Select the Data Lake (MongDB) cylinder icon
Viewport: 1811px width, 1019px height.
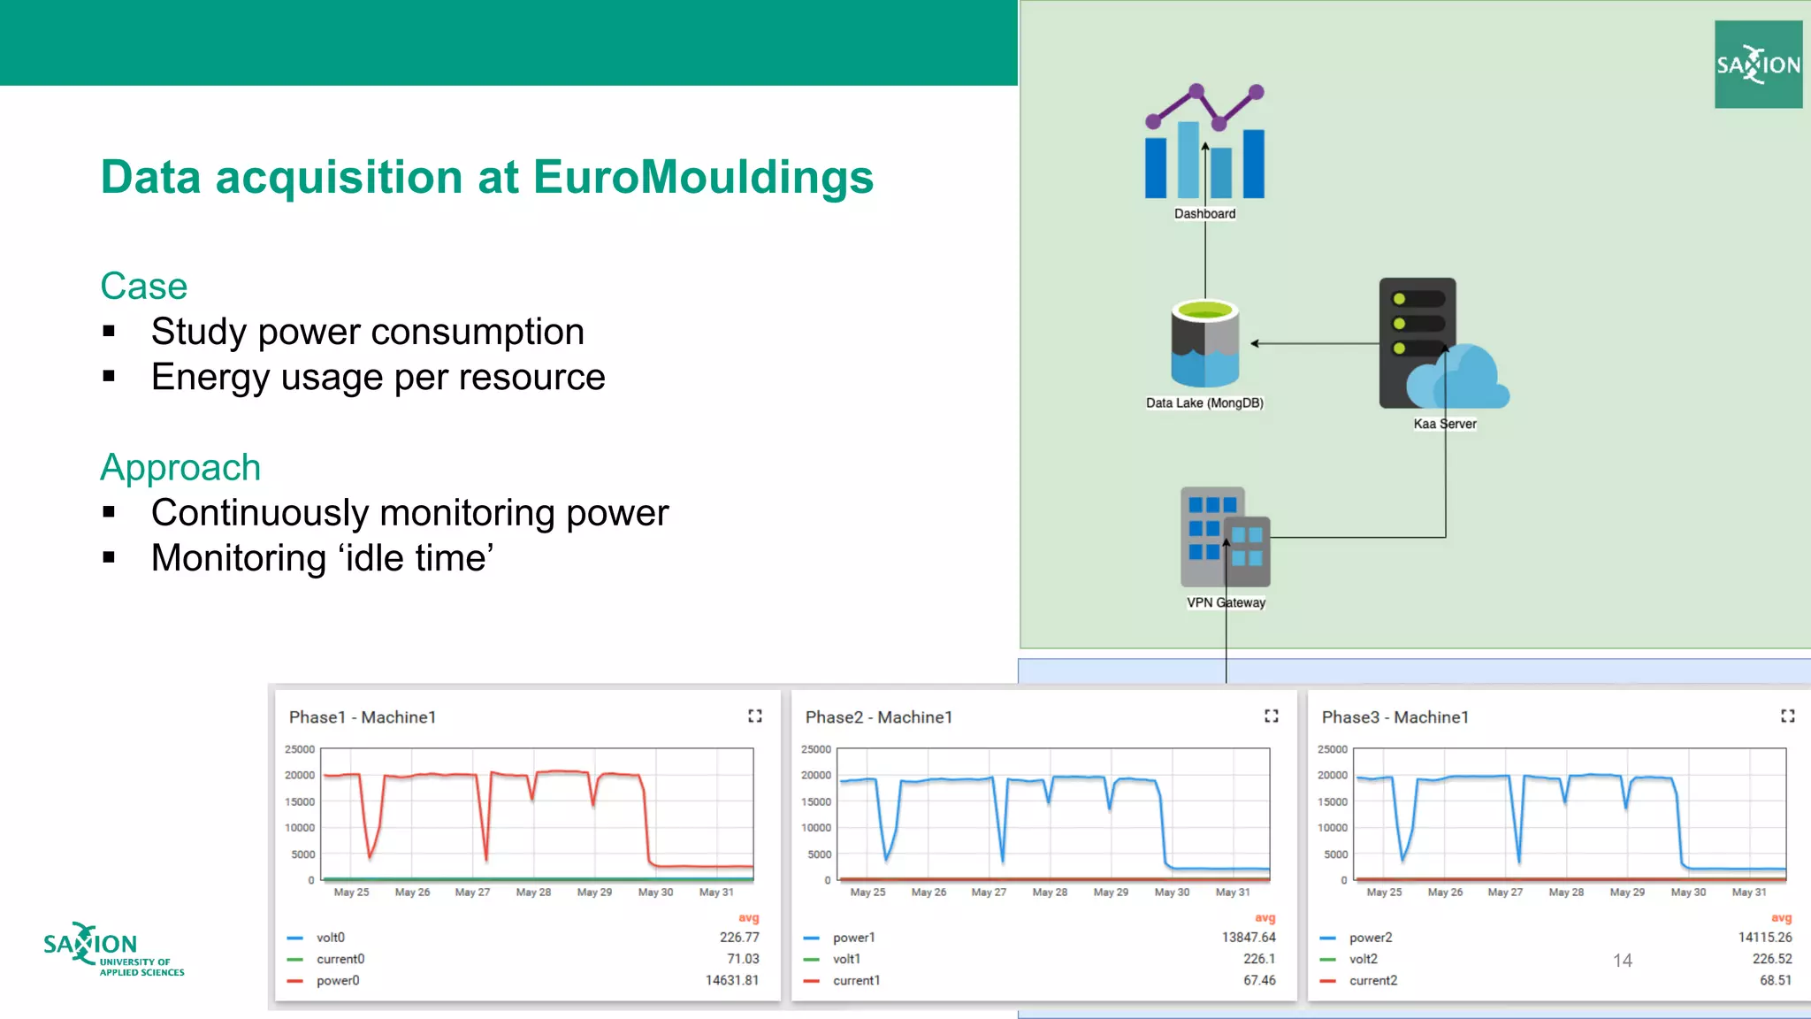coord(1204,343)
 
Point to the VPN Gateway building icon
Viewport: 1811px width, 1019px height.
coord(1225,537)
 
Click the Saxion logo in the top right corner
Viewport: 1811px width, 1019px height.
coord(1758,65)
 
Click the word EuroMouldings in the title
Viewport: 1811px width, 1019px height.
coord(703,177)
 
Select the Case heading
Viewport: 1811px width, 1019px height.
coord(144,287)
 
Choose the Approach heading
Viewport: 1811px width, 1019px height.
coord(180,467)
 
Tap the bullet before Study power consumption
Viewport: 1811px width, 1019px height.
coord(110,332)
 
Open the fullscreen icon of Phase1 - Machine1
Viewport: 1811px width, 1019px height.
coord(754,716)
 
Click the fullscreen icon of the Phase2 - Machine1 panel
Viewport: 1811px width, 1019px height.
coord(1271,716)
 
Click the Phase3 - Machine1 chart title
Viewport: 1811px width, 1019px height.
coord(1395,717)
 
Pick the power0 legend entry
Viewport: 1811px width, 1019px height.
coord(338,980)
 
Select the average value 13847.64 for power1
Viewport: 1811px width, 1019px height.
coord(1249,937)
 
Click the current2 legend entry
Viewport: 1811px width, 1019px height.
coord(1372,980)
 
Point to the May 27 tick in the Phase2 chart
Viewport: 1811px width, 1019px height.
coord(989,893)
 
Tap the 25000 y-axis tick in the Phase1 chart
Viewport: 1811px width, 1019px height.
coord(300,749)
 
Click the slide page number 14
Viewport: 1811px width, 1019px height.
coord(1622,961)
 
